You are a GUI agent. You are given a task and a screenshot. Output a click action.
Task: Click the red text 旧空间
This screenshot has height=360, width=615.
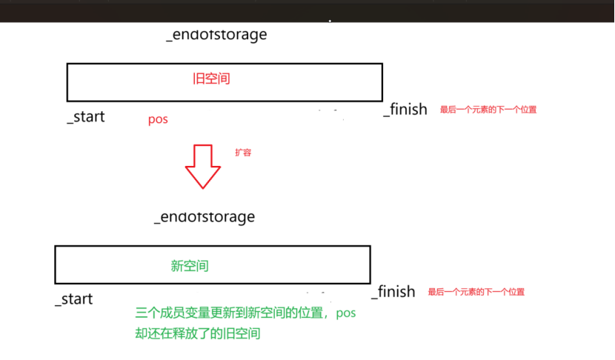211,79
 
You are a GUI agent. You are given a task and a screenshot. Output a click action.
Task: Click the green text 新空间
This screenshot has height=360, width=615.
190,265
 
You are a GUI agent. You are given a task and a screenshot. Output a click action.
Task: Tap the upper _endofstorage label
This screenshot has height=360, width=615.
216,35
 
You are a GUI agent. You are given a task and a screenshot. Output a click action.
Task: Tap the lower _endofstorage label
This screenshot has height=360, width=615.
205,217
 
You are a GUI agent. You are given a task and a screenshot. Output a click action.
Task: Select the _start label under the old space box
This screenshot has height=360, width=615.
85,116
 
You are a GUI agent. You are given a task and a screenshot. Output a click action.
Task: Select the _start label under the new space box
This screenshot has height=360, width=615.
73,299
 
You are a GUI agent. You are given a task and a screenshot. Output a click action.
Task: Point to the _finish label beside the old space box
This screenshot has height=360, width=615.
405,110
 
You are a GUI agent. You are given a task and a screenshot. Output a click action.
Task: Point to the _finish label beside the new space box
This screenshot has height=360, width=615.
393,292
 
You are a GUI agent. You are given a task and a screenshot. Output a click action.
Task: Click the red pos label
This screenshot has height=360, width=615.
158,119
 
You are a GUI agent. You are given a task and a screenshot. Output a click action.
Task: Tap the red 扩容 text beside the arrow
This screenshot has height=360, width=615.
243,152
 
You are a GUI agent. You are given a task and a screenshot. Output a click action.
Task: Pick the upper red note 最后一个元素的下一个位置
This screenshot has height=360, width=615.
488,110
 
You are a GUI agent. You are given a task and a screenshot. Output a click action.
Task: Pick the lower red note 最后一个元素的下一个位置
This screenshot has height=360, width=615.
476,292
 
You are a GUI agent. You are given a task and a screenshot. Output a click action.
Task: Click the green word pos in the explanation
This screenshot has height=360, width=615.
346,313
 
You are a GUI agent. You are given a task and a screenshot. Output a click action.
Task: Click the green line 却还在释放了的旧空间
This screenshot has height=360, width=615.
197,333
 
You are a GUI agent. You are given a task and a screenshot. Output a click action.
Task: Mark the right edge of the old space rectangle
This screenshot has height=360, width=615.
382,81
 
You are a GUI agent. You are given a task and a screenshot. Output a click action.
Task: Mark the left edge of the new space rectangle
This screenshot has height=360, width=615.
56,264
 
